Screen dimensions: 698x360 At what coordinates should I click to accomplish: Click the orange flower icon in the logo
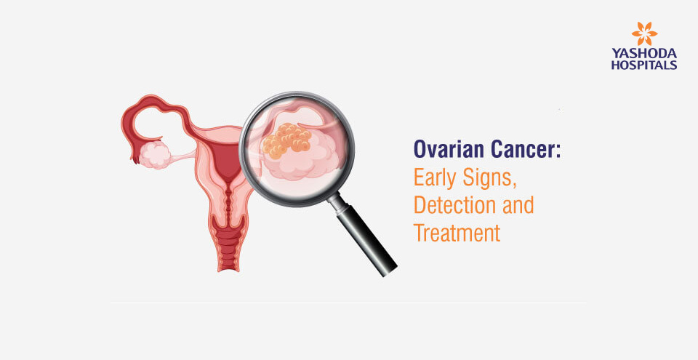(644, 33)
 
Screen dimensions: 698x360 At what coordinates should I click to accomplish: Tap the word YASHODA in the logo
(644, 54)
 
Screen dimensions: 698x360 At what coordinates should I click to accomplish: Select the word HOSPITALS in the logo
(644, 65)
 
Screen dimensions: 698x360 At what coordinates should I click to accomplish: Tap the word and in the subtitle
(516, 205)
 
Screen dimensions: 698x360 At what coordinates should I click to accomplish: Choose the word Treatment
(457, 233)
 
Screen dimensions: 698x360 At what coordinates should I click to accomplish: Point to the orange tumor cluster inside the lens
(286, 140)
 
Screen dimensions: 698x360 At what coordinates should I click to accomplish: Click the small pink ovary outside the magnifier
(155, 155)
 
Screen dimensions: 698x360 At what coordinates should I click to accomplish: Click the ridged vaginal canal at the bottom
(228, 243)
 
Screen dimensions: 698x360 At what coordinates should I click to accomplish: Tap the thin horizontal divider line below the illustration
(348, 303)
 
